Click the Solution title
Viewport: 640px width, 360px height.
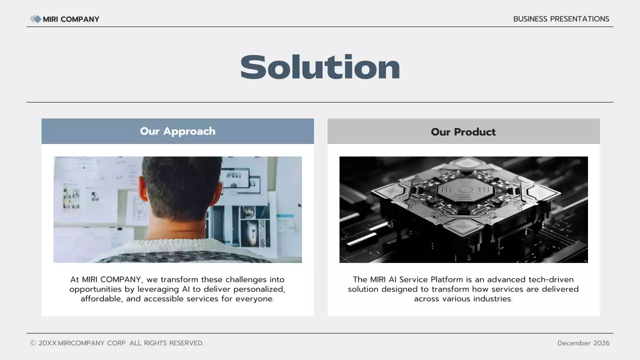[x=320, y=67]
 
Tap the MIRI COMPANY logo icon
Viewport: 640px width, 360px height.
[x=35, y=19]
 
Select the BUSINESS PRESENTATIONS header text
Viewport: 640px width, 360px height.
[x=561, y=19]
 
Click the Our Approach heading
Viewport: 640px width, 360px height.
[x=177, y=131]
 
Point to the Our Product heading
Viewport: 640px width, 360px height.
[x=463, y=132]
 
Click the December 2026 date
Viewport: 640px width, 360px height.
[x=583, y=343]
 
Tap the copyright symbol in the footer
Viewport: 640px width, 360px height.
[x=33, y=343]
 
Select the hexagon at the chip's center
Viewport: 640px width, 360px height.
[x=464, y=189]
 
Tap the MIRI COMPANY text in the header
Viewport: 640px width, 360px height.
[x=71, y=19]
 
